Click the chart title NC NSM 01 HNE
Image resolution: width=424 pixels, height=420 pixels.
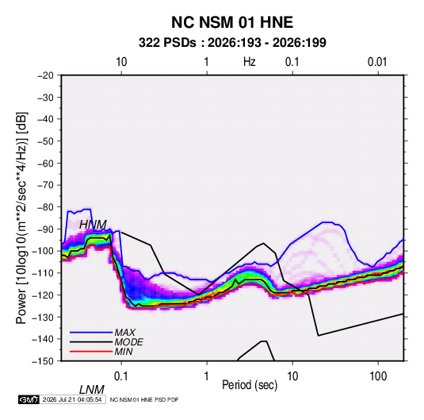pyautogui.click(x=232, y=22)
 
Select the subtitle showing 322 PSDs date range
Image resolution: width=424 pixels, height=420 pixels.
pyautogui.click(x=232, y=43)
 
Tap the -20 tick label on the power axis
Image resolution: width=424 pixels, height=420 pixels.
pyautogui.click(x=45, y=75)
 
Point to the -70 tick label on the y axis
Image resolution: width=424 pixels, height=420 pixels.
pyautogui.click(x=45, y=185)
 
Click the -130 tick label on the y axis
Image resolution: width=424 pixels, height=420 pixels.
pyautogui.click(x=44, y=317)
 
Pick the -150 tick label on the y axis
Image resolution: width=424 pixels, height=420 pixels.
pyautogui.click(x=44, y=361)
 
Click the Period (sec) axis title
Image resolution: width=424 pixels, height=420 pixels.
pyautogui.click(x=250, y=385)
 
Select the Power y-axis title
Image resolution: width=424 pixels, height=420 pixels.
pyautogui.click(x=21, y=218)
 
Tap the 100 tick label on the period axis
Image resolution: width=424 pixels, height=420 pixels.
pyautogui.click(x=378, y=376)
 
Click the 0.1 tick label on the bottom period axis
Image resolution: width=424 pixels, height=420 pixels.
pyautogui.click(x=121, y=376)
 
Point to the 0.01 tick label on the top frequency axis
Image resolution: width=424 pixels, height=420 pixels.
pyautogui.click(x=377, y=62)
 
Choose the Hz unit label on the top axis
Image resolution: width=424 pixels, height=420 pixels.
pyautogui.click(x=250, y=62)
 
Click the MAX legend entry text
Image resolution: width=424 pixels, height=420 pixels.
pyautogui.click(x=124, y=332)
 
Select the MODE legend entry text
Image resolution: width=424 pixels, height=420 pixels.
pyautogui.click(x=128, y=342)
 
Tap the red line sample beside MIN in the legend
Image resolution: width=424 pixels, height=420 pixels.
pyautogui.click(x=91, y=352)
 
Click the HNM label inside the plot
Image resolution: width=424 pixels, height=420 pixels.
pyautogui.click(x=93, y=225)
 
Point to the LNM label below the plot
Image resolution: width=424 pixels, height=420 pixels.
pyautogui.click(x=92, y=390)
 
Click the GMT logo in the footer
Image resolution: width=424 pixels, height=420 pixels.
pyautogui.click(x=29, y=399)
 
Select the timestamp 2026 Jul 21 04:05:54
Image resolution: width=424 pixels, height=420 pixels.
pyautogui.click(x=72, y=399)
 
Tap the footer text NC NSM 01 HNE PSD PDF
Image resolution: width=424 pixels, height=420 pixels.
pyautogui.click(x=144, y=399)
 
